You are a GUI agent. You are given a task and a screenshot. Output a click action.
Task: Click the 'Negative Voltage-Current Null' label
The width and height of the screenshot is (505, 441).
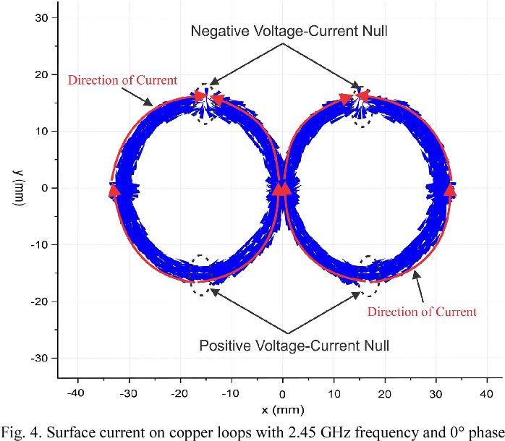pos(289,31)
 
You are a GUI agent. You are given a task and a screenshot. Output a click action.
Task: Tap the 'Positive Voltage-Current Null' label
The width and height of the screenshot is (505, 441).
pos(294,346)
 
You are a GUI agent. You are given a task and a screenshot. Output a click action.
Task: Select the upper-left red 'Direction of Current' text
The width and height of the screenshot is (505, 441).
pos(122,80)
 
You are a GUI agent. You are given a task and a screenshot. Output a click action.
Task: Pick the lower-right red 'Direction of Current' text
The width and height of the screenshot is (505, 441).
pos(422,312)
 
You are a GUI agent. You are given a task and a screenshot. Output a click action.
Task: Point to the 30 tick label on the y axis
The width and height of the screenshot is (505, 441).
pos(41,17)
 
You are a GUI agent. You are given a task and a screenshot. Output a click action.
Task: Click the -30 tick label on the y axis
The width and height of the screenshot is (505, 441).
pos(39,359)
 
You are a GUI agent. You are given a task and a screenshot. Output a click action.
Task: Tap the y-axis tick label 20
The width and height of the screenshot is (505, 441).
pos(41,74)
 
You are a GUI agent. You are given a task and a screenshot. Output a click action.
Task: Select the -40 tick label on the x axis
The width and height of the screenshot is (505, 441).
pos(76,393)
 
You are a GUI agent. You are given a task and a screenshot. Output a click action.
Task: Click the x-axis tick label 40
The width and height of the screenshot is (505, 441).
pos(486,393)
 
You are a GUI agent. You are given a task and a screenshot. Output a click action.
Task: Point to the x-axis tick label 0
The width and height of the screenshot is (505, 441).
pos(282,394)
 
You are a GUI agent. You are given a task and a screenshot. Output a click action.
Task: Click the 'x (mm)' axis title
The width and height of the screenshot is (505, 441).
pos(283,410)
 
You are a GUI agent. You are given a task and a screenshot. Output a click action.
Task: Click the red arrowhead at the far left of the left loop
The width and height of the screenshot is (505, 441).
pos(114,191)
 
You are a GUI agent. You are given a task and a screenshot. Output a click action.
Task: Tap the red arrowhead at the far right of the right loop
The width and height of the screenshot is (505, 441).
pos(450,190)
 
